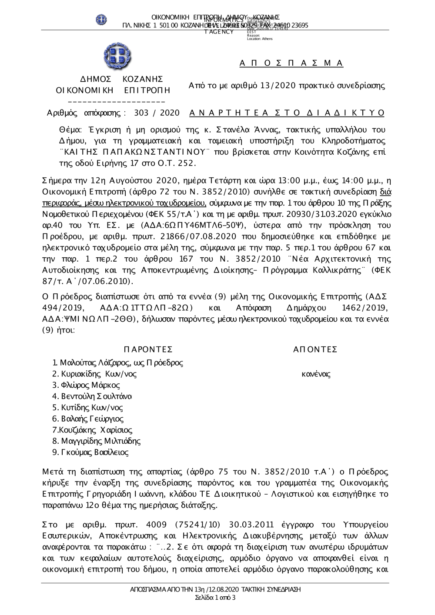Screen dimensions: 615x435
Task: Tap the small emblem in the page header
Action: (101, 20)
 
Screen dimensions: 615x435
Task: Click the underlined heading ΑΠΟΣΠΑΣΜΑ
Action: (291, 63)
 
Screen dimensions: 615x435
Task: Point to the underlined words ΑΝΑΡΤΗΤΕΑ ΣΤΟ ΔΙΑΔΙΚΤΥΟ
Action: (287, 113)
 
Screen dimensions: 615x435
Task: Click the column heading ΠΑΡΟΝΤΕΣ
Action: (148, 349)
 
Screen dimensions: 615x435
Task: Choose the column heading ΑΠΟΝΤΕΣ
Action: (315, 349)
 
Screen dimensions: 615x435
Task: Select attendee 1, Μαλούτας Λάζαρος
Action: (117, 362)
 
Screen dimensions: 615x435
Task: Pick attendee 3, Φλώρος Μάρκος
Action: (86, 385)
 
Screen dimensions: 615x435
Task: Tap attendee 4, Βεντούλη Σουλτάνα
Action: (92, 396)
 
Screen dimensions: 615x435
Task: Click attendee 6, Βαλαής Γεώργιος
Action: (88, 419)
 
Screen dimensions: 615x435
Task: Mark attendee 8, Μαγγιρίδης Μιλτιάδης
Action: (97, 441)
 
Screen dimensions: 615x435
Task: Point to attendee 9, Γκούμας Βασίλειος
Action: (90, 452)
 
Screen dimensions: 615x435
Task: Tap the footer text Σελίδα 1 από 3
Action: (215, 598)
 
